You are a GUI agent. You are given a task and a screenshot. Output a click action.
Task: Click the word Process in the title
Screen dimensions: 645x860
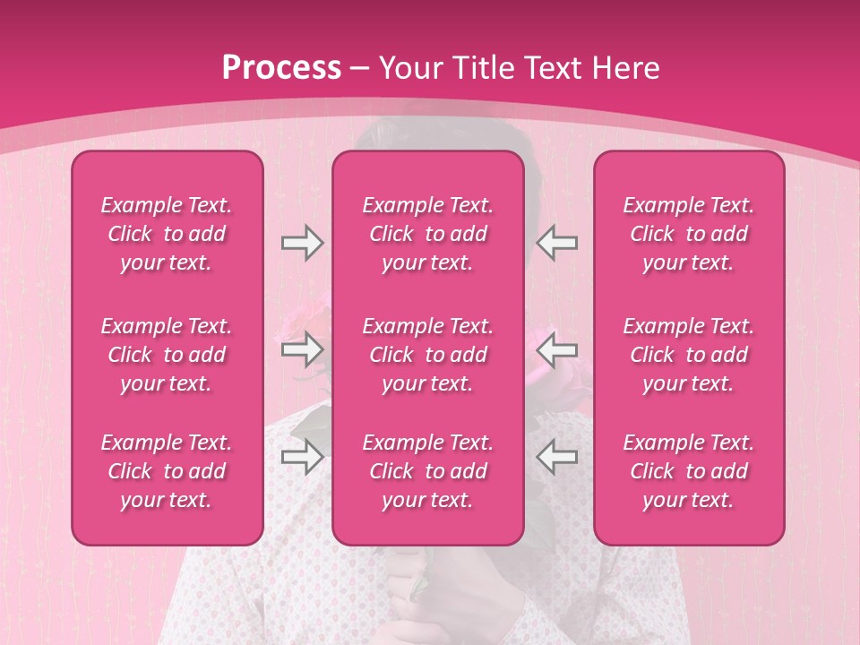[x=281, y=68]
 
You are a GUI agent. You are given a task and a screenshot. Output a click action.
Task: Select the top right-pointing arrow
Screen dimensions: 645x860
[x=302, y=243]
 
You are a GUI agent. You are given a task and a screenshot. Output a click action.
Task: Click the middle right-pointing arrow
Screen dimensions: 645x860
[x=302, y=349]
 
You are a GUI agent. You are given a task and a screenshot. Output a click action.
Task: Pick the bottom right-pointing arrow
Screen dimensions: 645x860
[x=302, y=457]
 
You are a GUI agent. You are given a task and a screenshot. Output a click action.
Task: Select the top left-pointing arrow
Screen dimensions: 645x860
[x=556, y=243]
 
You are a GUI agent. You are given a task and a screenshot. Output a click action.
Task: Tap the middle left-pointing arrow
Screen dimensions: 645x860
[x=556, y=349]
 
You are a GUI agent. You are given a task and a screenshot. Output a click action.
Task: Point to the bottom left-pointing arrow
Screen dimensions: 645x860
[x=556, y=457]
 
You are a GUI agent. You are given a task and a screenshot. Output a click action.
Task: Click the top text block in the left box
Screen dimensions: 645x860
[x=167, y=234]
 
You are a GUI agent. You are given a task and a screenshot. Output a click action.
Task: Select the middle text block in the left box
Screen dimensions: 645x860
[x=167, y=355]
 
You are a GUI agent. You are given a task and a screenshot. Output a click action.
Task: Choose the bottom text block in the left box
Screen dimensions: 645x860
[x=167, y=471]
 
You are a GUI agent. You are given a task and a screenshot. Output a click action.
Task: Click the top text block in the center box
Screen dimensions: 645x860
[x=428, y=234]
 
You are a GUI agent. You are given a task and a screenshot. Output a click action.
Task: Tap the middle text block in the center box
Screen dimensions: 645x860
[x=428, y=355]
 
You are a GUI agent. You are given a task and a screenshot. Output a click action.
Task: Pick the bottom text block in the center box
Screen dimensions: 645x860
[x=428, y=471]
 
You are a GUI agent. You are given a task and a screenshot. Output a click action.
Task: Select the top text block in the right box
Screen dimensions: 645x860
[x=689, y=234]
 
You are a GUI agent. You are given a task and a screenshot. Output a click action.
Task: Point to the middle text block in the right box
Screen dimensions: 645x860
[x=689, y=355]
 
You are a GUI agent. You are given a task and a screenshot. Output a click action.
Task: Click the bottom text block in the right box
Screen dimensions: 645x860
[x=689, y=471]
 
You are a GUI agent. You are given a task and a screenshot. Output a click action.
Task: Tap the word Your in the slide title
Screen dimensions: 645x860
[x=408, y=68]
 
